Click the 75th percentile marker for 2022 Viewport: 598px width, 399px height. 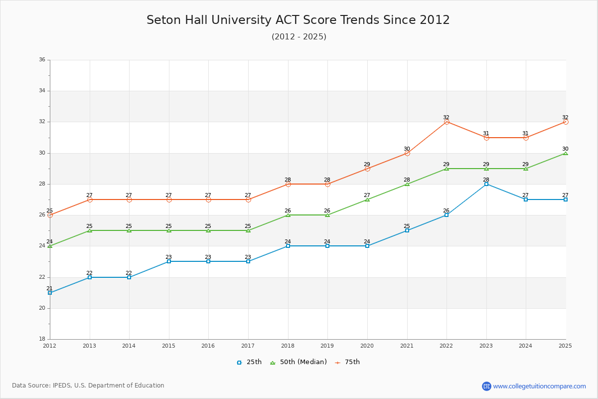point(447,122)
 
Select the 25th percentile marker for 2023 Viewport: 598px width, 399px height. point(486,184)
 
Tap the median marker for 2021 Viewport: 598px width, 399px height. point(407,184)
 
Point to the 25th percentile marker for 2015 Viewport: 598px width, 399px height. point(169,261)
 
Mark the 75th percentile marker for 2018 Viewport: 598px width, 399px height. point(288,184)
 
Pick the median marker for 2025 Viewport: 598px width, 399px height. point(566,153)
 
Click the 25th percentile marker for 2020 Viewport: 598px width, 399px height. point(367,246)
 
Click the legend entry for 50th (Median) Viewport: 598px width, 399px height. point(298,362)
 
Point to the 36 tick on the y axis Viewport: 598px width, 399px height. point(42,60)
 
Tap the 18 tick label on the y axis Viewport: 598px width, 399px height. point(42,339)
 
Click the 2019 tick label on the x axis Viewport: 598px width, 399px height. point(327,346)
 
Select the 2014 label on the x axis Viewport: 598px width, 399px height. point(129,346)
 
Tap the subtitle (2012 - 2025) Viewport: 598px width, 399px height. point(299,37)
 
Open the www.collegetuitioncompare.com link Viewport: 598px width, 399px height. point(539,386)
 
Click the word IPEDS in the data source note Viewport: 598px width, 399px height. point(61,386)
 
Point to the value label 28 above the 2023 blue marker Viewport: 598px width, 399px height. point(486,180)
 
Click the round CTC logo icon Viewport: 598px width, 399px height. point(486,386)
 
